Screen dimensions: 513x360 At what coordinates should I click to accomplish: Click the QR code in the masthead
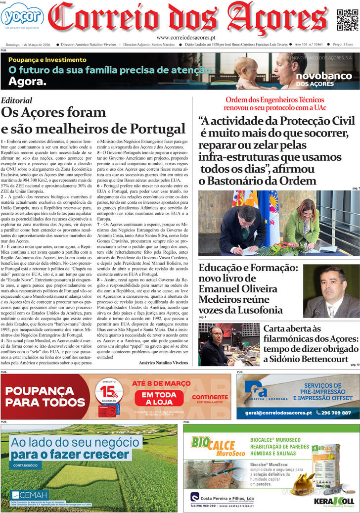click(x=347, y=20)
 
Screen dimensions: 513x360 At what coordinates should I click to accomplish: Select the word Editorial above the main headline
click(x=17, y=100)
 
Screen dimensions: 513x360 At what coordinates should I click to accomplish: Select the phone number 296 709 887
click(x=334, y=413)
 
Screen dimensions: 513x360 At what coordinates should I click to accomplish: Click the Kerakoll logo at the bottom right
click(x=334, y=501)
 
